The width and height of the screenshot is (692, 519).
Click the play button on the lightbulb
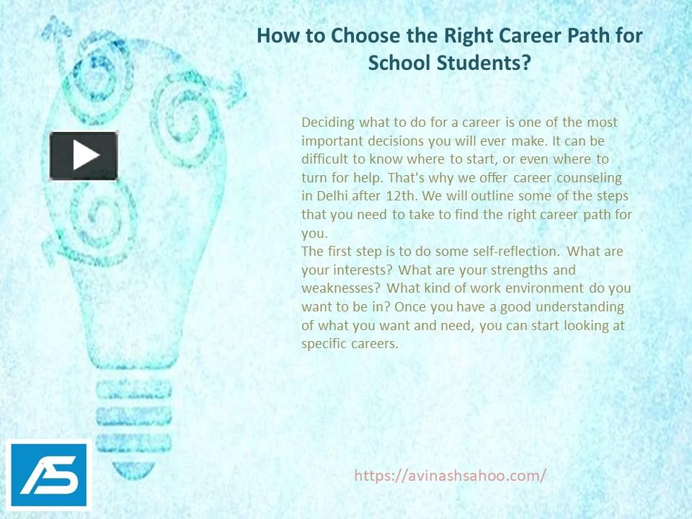(84, 156)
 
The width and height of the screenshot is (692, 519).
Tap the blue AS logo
(50, 474)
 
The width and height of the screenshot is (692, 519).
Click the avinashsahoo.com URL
(451, 475)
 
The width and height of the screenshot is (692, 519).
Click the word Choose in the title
(358, 35)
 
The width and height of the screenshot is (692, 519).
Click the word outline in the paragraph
(458, 196)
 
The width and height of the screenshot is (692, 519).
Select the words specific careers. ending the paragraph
(350, 344)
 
